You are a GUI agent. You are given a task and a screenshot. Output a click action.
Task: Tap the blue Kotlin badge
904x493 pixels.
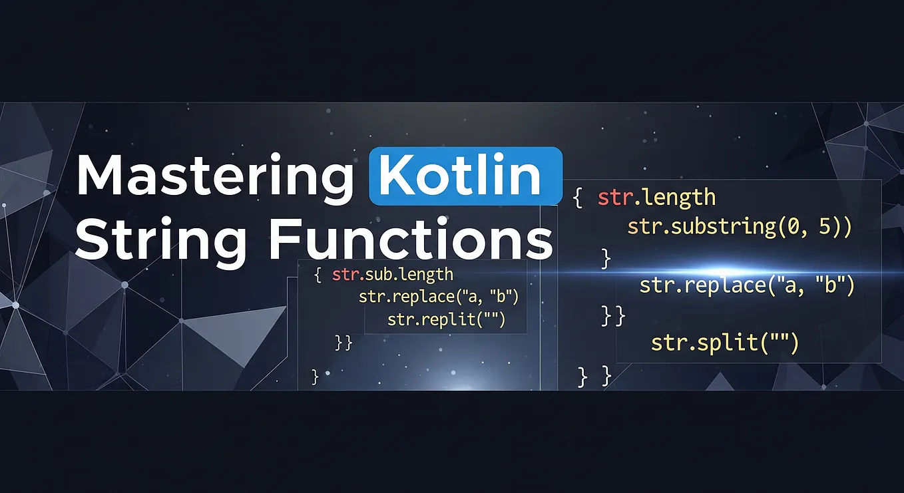465,176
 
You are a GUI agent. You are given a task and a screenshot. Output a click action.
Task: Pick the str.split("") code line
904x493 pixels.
724,343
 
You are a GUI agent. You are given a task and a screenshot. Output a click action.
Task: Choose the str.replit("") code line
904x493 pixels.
447,320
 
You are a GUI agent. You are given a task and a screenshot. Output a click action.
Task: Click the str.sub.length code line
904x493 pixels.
393,275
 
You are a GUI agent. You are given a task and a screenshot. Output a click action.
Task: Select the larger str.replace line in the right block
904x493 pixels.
746,285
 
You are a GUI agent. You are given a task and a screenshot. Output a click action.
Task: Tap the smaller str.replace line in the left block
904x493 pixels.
438,297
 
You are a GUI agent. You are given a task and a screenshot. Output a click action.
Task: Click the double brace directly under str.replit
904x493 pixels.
343,343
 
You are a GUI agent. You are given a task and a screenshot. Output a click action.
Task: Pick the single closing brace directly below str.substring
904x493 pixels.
605,257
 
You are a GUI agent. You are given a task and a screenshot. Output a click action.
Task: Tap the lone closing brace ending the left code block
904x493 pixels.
316,377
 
